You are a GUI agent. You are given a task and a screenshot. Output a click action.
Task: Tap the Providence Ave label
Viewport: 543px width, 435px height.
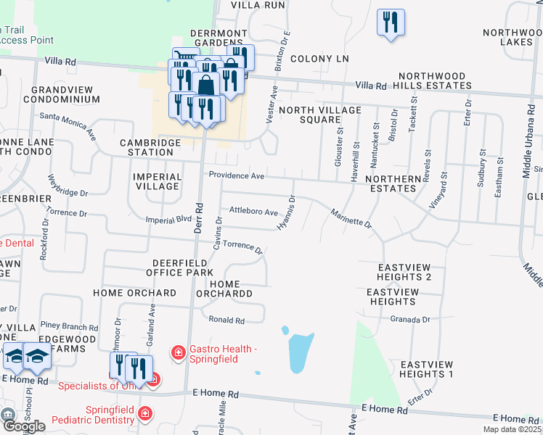236,175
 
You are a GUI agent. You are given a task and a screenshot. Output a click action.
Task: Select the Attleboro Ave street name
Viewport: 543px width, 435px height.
253,211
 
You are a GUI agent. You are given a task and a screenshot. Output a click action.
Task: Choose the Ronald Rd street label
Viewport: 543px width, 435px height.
226,319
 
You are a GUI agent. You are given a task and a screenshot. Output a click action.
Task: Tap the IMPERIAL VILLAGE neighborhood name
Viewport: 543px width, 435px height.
157,181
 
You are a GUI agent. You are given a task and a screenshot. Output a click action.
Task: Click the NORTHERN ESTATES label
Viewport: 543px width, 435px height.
393,183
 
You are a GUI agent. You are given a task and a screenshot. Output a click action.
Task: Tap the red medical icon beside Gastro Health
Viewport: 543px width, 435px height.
177,353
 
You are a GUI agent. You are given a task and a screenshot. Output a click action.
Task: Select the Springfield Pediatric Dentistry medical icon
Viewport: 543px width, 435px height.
145,413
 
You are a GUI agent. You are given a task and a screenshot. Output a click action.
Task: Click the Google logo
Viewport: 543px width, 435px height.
23,426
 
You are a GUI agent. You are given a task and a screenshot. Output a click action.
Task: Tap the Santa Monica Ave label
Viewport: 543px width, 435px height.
68,125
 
